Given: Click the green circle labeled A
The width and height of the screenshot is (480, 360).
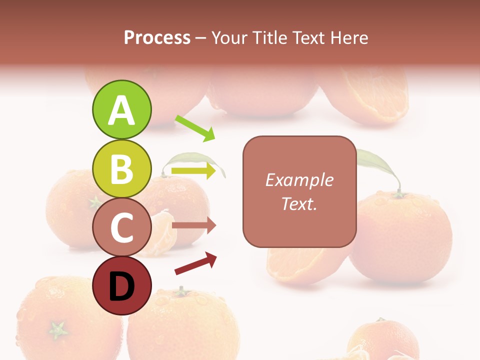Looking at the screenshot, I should coord(121,110).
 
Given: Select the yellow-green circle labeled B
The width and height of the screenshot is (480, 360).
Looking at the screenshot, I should coord(121,168).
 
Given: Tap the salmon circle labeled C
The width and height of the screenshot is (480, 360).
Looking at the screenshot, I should coord(121,227).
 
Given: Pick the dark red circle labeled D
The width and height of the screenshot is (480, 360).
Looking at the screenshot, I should coord(121,286).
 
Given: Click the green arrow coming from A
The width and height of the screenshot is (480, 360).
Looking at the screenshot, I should coord(195,128).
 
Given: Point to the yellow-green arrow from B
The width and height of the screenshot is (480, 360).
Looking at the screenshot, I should coord(194,171).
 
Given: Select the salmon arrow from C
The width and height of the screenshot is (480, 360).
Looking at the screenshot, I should coord(194,225).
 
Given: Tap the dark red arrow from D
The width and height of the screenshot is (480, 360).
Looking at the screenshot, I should coord(195,263).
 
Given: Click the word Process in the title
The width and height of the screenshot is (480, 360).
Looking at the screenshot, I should coord(157,37).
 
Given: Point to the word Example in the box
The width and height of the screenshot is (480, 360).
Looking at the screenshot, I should coord(299,180).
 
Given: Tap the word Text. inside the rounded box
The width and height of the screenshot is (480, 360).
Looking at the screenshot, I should coord(299,203).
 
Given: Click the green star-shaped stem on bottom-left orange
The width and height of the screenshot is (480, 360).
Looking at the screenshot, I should coord(57,330).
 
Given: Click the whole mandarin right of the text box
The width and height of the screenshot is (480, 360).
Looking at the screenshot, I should coord(400,235).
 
